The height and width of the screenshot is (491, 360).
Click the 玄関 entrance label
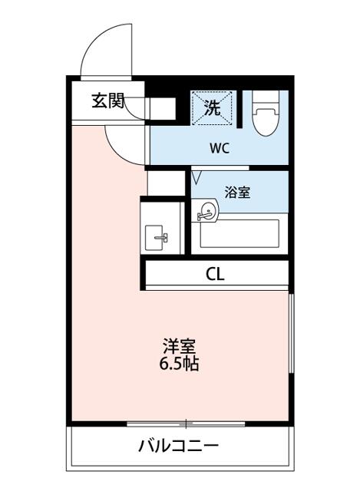pos(107,101)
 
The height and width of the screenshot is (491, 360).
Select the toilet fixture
pos(266,115)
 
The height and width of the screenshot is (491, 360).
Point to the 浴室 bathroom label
pos(236,192)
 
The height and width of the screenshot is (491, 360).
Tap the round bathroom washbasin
pos(206,210)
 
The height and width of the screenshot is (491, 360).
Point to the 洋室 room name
pos(180,345)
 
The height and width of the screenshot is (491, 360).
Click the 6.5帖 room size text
pos(180,364)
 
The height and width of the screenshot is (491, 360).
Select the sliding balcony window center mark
pos(185,423)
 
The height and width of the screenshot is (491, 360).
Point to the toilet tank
pos(266,97)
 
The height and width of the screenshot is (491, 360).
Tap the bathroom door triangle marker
pos(197,178)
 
